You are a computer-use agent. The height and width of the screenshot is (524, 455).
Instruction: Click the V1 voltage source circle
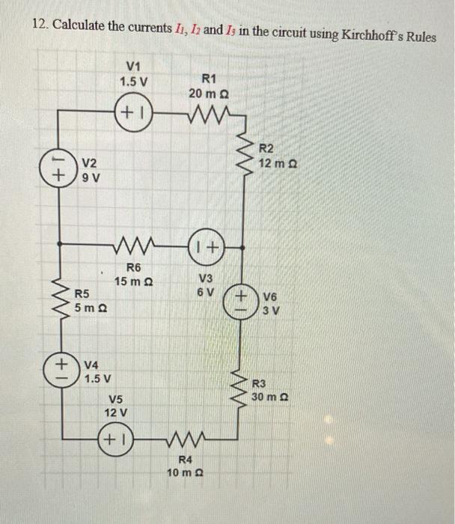click(x=135, y=114)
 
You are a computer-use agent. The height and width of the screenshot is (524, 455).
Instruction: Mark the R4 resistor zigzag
click(x=182, y=437)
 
